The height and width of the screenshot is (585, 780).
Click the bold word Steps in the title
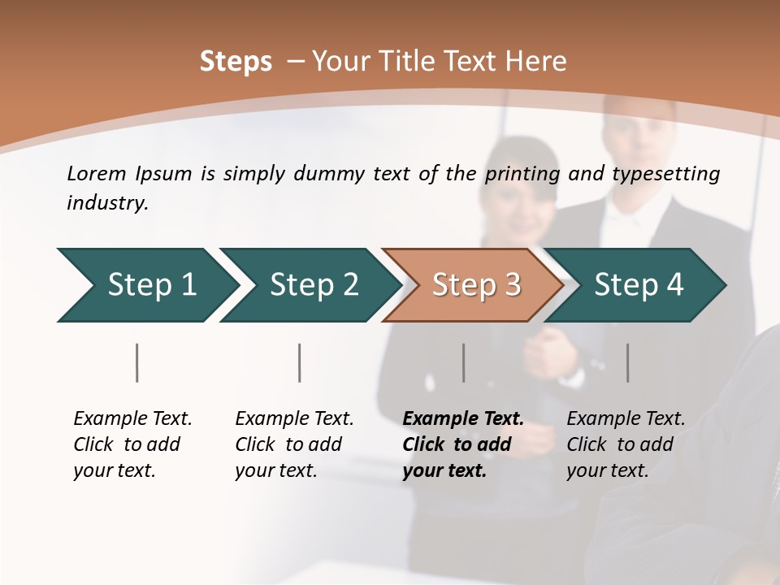[x=236, y=62]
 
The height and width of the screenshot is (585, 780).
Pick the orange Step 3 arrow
[x=476, y=284]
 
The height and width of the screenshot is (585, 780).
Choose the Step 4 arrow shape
[x=639, y=284]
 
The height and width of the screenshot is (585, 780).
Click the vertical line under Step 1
[x=137, y=362]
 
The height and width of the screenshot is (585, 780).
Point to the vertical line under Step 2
[x=300, y=362]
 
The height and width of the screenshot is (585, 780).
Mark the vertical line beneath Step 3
[x=464, y=362]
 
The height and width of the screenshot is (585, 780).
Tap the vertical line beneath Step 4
[x=628, y=362]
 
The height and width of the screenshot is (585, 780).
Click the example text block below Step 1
[x=132, y=444]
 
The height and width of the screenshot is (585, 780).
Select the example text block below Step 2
[x=294, y=444]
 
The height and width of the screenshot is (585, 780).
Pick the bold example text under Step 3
[x=463, y=444]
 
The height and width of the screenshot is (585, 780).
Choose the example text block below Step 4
[x=626, y=444]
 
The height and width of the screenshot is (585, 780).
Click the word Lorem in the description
[x=97, y=173]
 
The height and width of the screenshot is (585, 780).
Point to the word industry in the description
[x=107, y=202]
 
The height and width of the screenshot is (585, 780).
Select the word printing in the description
[x=523, y=174]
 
